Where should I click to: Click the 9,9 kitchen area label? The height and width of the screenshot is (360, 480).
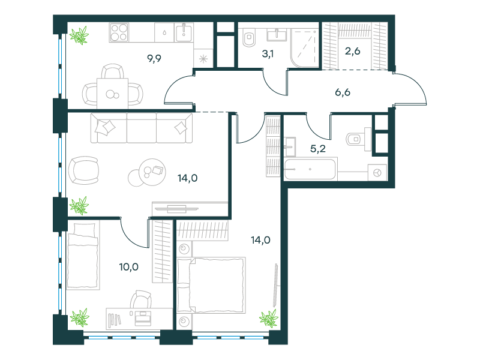154,58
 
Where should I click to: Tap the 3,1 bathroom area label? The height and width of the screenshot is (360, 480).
268,54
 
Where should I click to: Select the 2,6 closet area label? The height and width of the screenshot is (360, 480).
353,51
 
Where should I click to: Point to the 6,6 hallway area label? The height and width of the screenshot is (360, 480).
343,92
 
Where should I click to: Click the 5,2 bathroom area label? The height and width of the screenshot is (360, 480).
318,149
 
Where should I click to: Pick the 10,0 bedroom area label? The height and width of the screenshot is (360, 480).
129,267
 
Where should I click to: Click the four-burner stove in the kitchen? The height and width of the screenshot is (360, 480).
119,32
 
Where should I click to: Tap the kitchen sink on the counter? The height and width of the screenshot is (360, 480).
184,32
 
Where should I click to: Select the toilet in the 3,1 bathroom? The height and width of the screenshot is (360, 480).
248,38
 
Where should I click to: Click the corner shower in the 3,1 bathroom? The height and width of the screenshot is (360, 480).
305,48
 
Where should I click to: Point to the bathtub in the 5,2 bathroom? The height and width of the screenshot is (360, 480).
310,169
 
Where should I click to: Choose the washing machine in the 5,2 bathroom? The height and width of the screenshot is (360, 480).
377,173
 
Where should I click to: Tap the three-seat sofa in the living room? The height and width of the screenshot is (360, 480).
142,128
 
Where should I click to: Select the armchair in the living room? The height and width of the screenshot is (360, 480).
83,170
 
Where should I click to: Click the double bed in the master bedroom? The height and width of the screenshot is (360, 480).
212,285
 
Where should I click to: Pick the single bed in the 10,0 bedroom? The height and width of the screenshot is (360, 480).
83,256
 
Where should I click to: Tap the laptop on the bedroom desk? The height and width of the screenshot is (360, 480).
143,319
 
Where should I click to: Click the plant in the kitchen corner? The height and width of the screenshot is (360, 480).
79,35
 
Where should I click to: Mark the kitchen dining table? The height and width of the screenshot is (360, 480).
112,94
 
